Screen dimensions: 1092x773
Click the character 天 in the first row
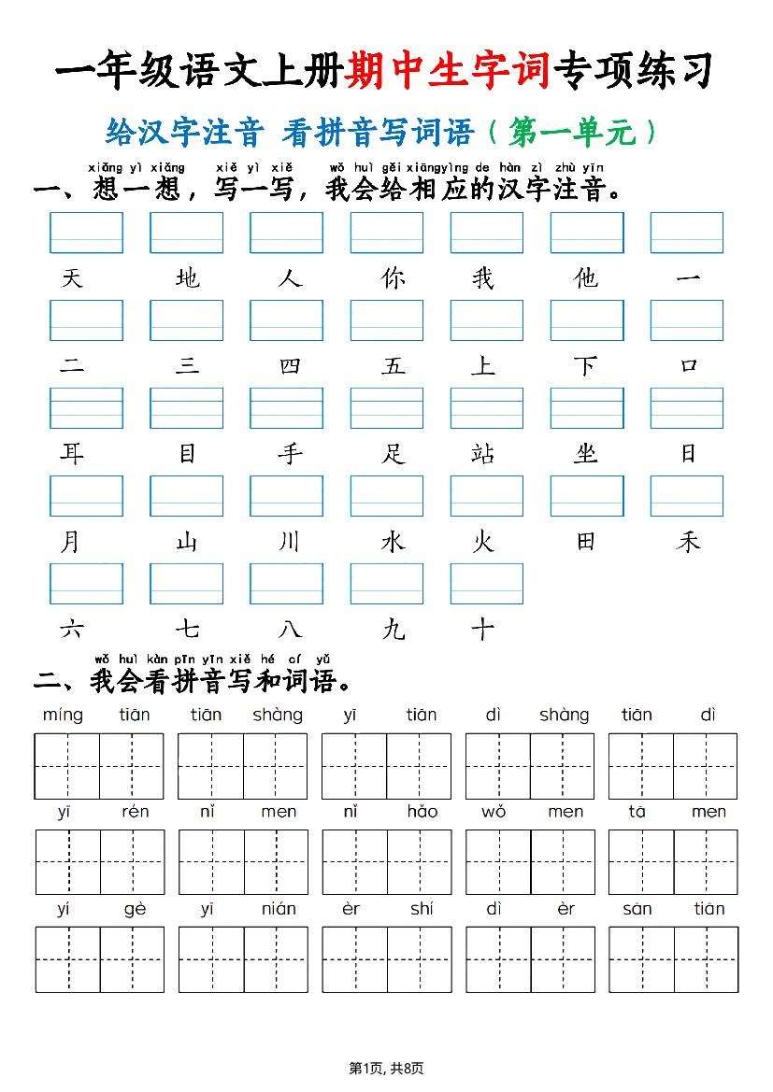point(72,278)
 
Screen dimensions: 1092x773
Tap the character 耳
point(72,454)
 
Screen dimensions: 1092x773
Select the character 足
point(394,454)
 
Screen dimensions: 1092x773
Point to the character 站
point(482,454)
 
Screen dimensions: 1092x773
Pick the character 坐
point(586,454)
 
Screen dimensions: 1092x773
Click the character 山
point(187,542)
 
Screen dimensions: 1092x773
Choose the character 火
point(482,542)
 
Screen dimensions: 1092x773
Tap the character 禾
point(688,542)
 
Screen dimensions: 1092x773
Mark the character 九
point(394,630)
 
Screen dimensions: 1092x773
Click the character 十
point(482,630)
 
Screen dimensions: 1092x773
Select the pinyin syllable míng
point(63,716)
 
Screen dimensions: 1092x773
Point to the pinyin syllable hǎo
point(422,812)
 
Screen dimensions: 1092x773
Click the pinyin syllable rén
point(135,812)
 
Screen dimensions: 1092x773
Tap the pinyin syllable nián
point(279,909)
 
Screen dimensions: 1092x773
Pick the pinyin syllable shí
point(422,909)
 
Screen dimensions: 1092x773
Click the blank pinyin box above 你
point(386,233)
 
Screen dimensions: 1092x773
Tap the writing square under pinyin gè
point(132,959)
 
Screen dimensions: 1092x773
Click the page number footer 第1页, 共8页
point(386,1069)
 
